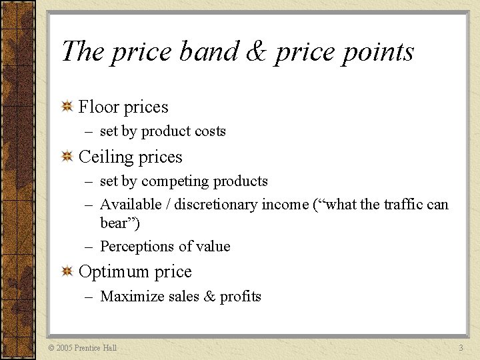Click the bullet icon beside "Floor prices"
click(67, 107)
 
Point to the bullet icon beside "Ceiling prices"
click(67, 157)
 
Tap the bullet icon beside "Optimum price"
click(67, 271)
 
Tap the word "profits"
click(241, 297)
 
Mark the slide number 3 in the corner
click(461, 348)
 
